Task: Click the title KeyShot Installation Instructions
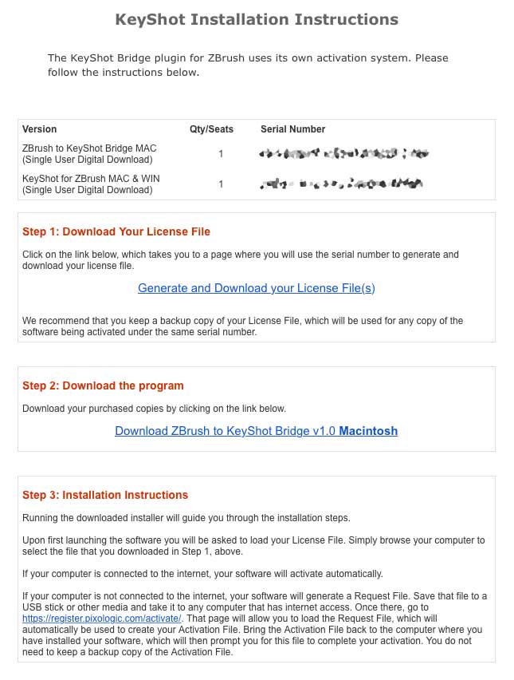[257, 19]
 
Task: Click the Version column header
[40, 129]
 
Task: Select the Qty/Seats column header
[211, 129]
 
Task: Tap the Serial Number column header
[292, 129]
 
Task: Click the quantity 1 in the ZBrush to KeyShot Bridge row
[221, 154]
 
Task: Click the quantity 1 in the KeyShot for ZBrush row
[221, 184]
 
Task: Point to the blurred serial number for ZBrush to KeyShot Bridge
[343, 153]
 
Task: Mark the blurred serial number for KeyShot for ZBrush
[340, 184]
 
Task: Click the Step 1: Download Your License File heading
[116, 231]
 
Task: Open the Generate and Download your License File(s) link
[256, 288]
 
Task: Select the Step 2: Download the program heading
[103, 385]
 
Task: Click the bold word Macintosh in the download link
[368, 431]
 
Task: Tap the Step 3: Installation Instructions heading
[105, 495]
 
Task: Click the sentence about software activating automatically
[202, 574]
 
